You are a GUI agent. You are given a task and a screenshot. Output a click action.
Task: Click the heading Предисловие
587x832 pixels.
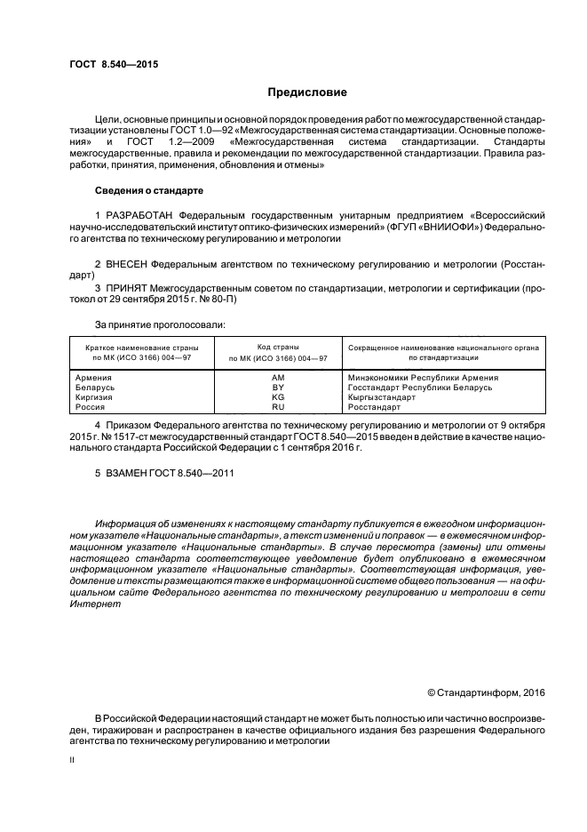tap(307, 92)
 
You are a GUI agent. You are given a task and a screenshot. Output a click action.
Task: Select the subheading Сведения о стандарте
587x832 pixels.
tap(149, 191)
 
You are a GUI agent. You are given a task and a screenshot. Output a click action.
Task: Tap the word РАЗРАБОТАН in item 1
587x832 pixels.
tap(139, 215)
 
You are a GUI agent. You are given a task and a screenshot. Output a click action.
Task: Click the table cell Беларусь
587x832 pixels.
tap(96, 388)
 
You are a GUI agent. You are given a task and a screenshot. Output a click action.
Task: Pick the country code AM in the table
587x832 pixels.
tap(278, 377)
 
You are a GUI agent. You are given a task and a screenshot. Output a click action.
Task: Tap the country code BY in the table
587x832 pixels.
tap(278, 388)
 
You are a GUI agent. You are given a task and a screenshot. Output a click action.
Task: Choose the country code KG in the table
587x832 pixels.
tap(278, 397)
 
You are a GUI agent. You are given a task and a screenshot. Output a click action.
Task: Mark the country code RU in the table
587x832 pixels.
tap(278, 407)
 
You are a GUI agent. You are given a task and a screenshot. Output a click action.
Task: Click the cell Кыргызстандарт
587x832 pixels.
tap(382, 397)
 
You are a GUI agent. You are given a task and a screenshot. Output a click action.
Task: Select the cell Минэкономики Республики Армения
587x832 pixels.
tap(423, 377)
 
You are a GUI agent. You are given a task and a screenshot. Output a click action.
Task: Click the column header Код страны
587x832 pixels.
tap(278, 346)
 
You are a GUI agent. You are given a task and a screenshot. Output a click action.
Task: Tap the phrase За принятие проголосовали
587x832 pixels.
tap(160, 325)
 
